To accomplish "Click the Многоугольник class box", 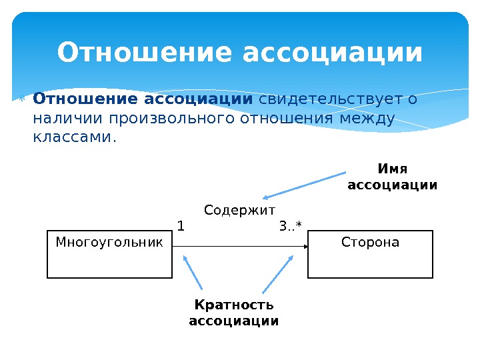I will point(109,254).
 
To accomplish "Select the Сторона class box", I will point(370,254).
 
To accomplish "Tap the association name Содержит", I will point(239,211).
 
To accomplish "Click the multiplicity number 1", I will point(180,226).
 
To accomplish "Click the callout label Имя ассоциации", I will point(393,177).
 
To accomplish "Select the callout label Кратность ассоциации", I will point(234,313).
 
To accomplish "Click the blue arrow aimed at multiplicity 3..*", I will point(278,274).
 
